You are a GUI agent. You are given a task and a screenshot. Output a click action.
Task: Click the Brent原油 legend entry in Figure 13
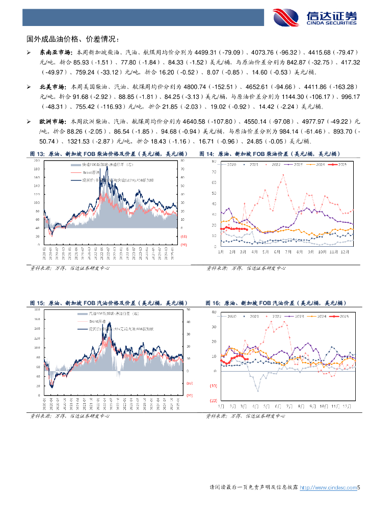pyautogui.click(x=93, y=173)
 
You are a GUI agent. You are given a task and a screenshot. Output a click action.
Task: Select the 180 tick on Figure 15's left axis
pyautogui.click(x=36, y=309)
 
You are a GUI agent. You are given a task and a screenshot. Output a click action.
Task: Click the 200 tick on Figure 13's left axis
pyautogui.click(x=36, y=160)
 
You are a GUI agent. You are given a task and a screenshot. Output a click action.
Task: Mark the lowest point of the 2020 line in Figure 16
pyautogui.click(x=258, y=391)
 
